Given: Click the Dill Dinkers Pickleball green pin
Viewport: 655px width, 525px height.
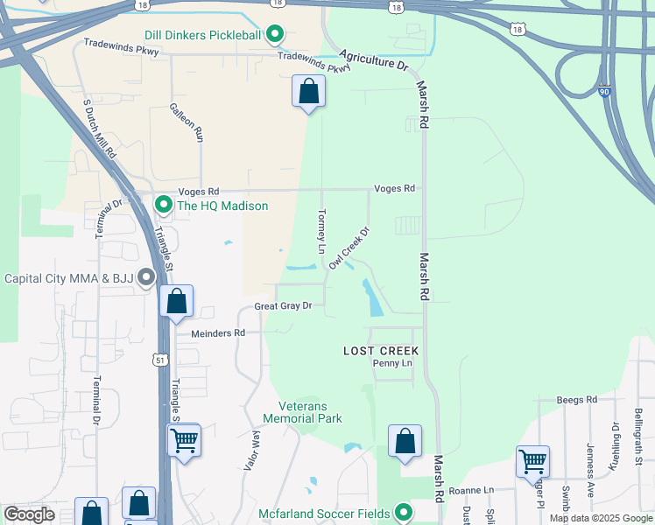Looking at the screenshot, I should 275,35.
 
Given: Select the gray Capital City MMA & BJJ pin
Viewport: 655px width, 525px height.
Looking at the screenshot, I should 146,278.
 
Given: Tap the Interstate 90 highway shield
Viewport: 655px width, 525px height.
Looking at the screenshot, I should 604,90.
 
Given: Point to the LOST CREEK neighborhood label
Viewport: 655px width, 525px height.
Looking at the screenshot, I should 381,350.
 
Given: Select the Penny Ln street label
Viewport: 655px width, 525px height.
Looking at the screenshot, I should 391,363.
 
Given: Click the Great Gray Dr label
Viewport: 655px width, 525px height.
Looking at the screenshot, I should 283,306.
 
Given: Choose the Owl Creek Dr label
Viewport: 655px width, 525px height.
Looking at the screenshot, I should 349,248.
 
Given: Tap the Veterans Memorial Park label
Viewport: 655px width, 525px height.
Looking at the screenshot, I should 310,412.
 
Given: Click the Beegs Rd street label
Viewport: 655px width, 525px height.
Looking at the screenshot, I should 576,399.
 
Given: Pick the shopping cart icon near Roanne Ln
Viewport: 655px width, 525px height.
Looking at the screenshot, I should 532,460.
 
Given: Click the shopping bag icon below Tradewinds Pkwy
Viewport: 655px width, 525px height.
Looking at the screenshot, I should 308,91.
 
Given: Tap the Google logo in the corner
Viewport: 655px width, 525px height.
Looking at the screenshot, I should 30,514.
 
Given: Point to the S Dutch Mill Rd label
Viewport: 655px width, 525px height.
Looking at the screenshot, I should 100,127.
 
